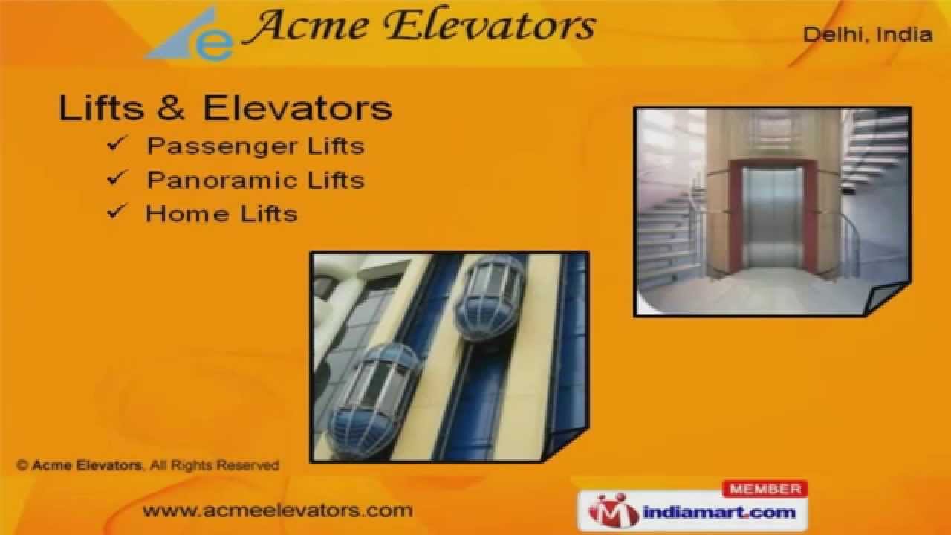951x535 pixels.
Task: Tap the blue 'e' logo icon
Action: (x=212, y=44)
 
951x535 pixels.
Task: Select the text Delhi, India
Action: (x=868, y=34)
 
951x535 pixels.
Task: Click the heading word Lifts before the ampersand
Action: (x=101, y=108)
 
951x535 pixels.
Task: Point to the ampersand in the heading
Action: (x=171, y=108)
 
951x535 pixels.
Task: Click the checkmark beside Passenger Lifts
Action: (x=117, y=143)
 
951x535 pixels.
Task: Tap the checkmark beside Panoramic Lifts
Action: (x=117, y=178)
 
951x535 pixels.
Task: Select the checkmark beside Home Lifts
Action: (x=117, y=212)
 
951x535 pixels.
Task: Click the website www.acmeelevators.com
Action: (x=277, y=510)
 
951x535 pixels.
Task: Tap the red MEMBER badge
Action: (x=765, y=489)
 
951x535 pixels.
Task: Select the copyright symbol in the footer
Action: (x=22, y=466)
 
